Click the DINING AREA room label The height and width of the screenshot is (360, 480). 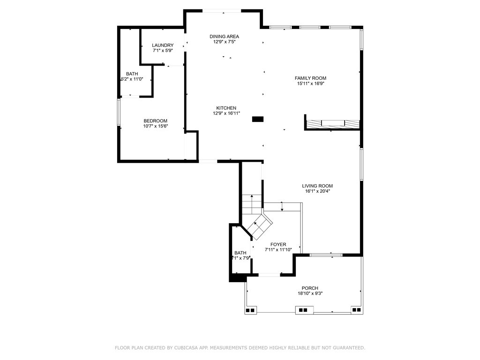pos(224,37)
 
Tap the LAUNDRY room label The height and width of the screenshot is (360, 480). pos(162,45)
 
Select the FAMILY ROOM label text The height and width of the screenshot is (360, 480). pos(310,78)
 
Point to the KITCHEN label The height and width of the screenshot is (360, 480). pos(226,108)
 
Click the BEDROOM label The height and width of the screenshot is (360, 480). pos(155,121)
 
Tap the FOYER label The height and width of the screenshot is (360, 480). pos(278,245)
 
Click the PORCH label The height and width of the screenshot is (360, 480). pos(310,288)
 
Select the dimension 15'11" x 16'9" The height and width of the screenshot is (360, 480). pos(310,84)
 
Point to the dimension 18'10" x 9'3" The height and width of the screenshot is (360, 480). pos(310,293)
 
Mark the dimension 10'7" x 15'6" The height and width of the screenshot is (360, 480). pos(155,126)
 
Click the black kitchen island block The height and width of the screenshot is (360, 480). pos(258,120)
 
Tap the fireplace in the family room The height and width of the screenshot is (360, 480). pos(332,124)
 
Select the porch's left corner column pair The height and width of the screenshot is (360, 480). pos(250,310)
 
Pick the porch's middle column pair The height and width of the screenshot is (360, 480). pos(303,310)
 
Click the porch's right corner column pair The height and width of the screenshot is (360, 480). pos(356,310)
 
